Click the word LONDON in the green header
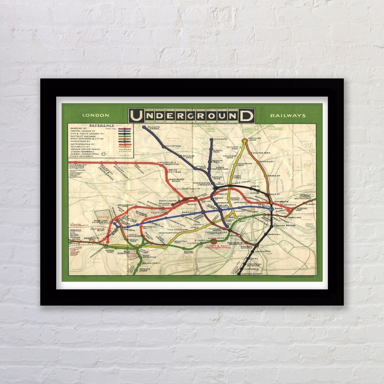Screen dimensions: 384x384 [x=96, y=115]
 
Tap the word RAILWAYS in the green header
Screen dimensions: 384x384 [x=288, y=116]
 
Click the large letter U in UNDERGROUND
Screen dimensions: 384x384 [x=136, y=116]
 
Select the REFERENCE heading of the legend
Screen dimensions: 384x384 [x=102, y=125]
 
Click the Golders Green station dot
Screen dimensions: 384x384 [x=144, y=127]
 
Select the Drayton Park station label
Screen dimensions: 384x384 [x=262, y=153]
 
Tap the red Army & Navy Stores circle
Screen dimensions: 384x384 [x=214, y=241]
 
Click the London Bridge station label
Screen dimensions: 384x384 [x=285, y=225]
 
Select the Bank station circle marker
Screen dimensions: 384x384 [x=272, y=209]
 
